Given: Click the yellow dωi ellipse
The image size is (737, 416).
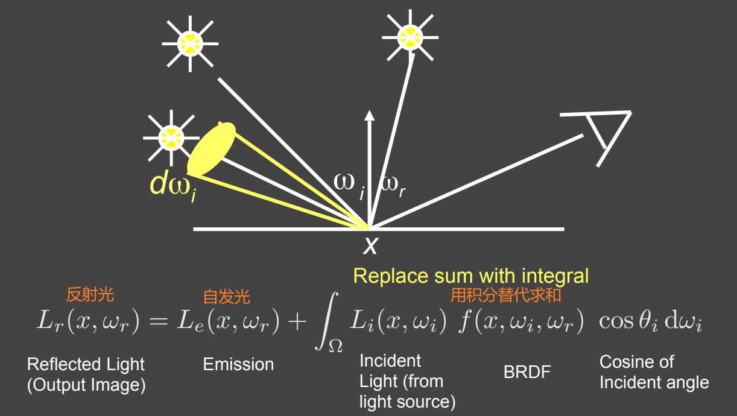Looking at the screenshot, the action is (211, 149).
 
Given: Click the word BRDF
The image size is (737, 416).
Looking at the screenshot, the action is (527, 372).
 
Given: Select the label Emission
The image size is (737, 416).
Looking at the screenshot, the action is (238, 364).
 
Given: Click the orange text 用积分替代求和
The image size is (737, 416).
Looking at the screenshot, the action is (506, 295).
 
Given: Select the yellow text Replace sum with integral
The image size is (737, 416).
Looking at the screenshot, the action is (470, 276).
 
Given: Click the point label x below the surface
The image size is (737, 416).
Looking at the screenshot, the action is (370, 245).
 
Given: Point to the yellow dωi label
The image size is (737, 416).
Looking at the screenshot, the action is (172, 186).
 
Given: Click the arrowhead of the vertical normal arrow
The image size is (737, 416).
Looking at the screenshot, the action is (370, 116).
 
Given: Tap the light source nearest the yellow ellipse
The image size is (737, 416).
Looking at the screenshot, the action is (171, 137).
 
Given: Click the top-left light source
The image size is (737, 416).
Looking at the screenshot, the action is (189, 43).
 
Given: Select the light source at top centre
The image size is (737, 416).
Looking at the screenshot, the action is (410, 36).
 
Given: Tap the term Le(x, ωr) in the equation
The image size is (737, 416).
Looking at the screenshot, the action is (228, 322).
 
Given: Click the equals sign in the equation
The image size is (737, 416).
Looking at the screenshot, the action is (157, 322).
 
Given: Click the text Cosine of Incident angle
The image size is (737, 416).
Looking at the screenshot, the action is (654, 372).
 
